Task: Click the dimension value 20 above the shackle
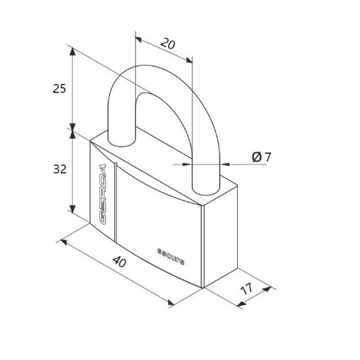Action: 168,44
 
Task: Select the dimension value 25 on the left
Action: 59,89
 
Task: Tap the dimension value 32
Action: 60,169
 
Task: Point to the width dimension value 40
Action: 120,262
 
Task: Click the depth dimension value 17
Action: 246,289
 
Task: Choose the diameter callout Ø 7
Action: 261,157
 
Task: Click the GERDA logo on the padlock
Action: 102,194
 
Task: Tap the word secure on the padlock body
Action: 171,257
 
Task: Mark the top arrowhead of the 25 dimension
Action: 73,52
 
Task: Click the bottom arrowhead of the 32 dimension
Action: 73,209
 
